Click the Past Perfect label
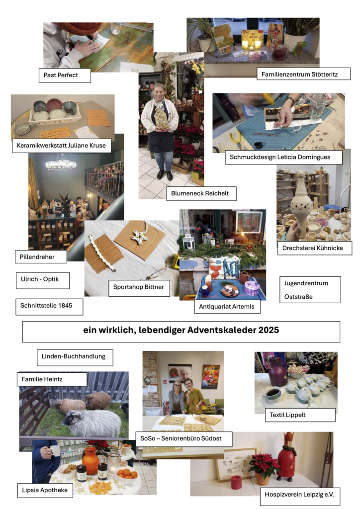click(x=65, y=76)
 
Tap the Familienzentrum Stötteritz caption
click(x=303, y=74)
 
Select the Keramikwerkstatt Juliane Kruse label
click(x=61, y=146)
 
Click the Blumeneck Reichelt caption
click(x=201, y=193)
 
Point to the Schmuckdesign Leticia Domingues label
click(x=284, y=157)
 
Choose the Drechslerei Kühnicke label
click(x=315, y=248)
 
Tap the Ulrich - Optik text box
click(x=43, y=280)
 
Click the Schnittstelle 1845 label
click(x=49, y=307)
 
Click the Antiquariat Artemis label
click(x=227, y=307)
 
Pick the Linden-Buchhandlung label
click(x=75, y=357)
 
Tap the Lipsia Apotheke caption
click(x=45, y=490)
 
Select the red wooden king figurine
click(x=285, y=456)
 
